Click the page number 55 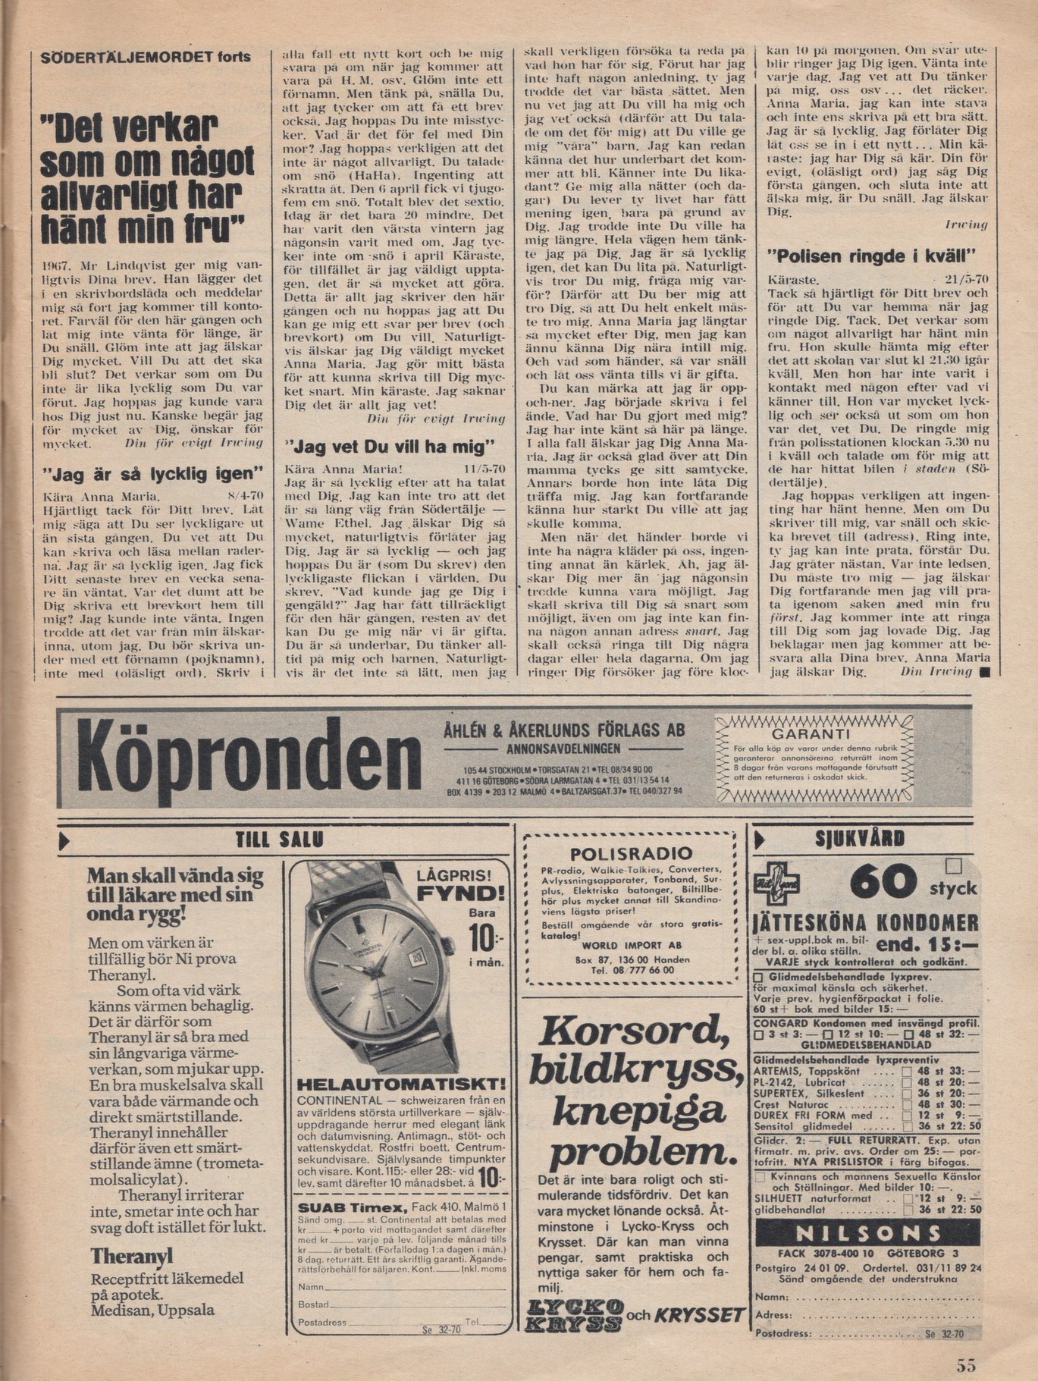point(965,1365)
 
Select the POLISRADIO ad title point(631,853)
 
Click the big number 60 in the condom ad point(883,883)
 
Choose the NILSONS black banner point(867,1234)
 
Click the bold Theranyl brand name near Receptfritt point(131,1256)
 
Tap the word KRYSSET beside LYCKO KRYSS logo point(700,1314)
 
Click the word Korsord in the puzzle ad point(634,1031)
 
